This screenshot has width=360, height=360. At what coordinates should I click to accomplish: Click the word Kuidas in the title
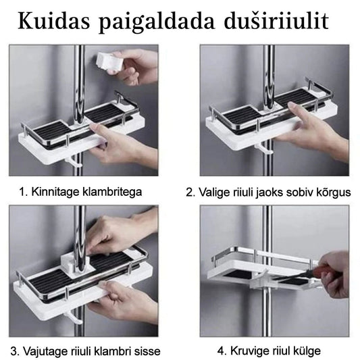[54, 21]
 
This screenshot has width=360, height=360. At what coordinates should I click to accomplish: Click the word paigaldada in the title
[157, 22]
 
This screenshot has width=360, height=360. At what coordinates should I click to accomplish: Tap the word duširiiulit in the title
[276, 21]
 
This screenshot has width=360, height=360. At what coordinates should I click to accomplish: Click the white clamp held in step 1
[109, 61]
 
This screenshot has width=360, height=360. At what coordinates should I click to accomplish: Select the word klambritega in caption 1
[112, 192]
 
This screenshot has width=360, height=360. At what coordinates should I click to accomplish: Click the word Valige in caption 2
[214, 192]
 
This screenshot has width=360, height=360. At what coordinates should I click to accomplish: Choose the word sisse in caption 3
[147, 351]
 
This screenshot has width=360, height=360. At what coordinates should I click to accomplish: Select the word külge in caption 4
[307, 351]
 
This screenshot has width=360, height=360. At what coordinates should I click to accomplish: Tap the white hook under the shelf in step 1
[74, 161]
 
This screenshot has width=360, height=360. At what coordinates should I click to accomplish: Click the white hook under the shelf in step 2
[264, 148]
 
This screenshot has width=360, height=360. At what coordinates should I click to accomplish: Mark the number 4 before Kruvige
[221, 351]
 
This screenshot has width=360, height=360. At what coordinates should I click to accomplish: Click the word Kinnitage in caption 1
[55, 192]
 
